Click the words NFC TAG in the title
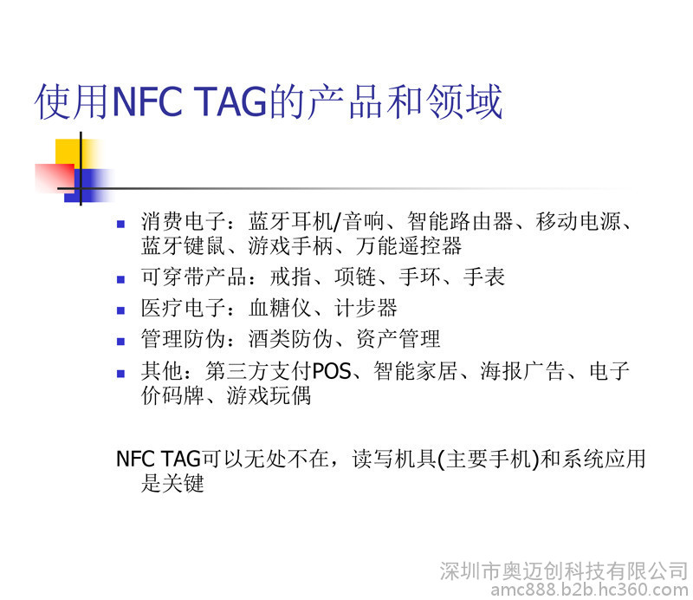click(x=191, y=101)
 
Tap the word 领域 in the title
click(x=464, y=101)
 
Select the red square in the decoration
click(x=55, y=178)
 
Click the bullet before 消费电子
click(x=120, y=224)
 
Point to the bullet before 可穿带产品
click(x=120, y=280)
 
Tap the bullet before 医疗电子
click(x=120, y=310)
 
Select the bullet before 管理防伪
click(x=120, y=342)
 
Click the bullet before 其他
click(x=120, y=374)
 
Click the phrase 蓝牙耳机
click(x=290, y=221)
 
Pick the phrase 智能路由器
click(x=460, y=221)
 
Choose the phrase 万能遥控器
click(x=409, y=246)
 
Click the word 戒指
click(x=290, y=277)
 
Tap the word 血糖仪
click(x=280, y=308)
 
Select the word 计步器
click(x=366, y=308)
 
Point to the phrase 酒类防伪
click(x=290, y=339)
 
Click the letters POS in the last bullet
click(x=332, y=371)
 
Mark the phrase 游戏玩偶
click(x=269, y=395)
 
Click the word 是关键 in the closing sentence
click(x=172, y=483)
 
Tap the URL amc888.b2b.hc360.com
click(x=590, y=590)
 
